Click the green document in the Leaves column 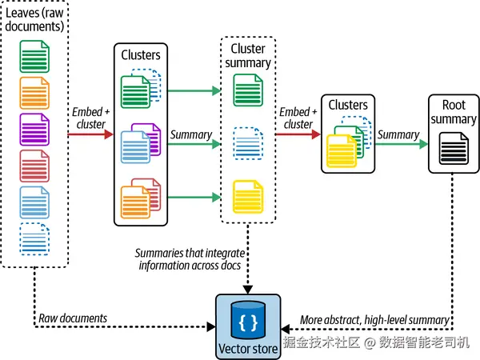tap(34, 57)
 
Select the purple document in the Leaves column tap(34, 130)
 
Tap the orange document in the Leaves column tap(34, 93)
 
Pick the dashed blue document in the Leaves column tap(34, 239)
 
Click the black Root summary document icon tap(454, 149)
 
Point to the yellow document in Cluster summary tap(248, 197)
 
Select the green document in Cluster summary tap(248, 90)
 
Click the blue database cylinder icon tap(248, 319)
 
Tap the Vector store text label tap(248, 349)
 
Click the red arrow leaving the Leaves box tap(90, 134)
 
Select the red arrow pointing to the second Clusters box tap(298, 134)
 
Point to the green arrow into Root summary tap(402, 144)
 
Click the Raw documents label tap(73, 318)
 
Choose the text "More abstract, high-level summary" tap(374, 320)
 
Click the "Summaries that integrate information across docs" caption tap(190, 259)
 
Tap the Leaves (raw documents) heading tap(34, 19)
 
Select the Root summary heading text tap(454, 112)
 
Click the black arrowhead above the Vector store tap(248, 290)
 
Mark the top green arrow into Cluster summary tap(194, 90)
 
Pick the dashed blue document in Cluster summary tap(248, 143)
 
